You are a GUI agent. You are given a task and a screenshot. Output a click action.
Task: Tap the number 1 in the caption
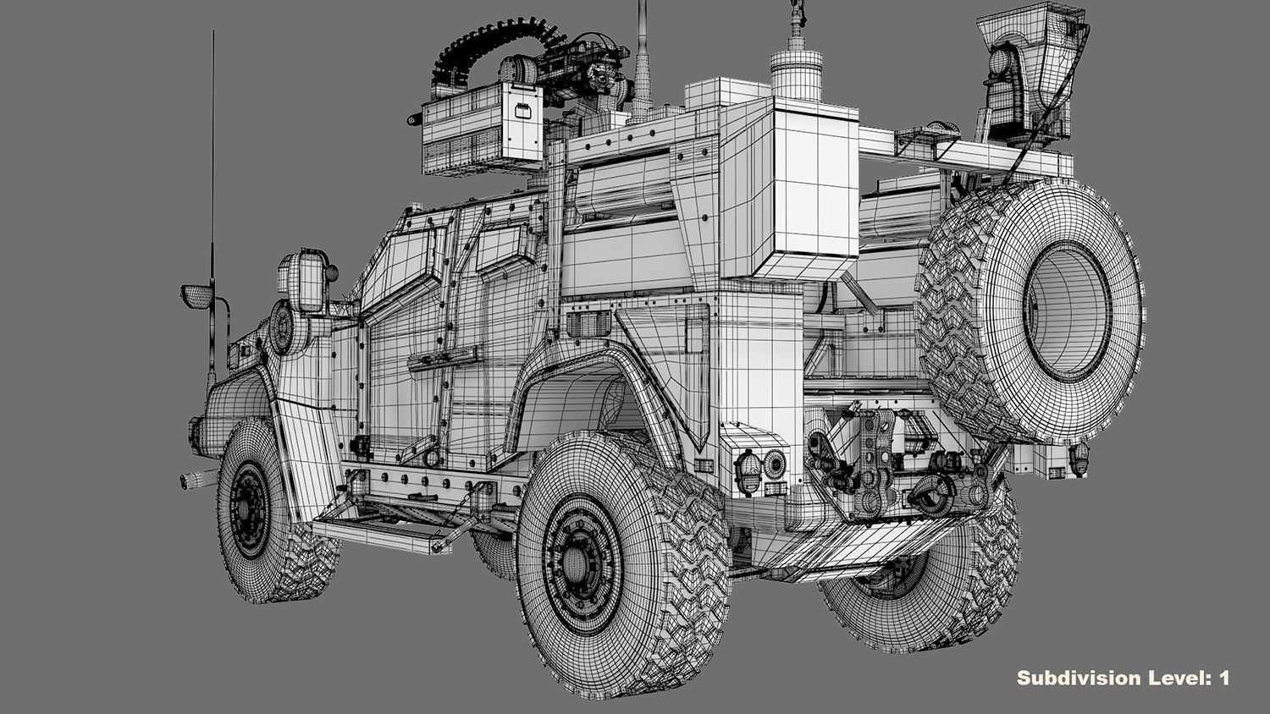1223,678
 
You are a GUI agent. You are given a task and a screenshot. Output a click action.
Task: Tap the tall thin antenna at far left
213,169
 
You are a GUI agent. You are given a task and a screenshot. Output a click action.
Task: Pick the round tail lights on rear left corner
761,464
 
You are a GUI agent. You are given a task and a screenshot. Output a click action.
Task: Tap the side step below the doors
381,533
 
